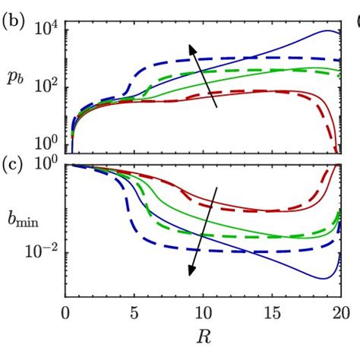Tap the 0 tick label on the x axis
65,312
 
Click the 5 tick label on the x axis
134,312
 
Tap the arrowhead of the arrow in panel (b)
192,48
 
